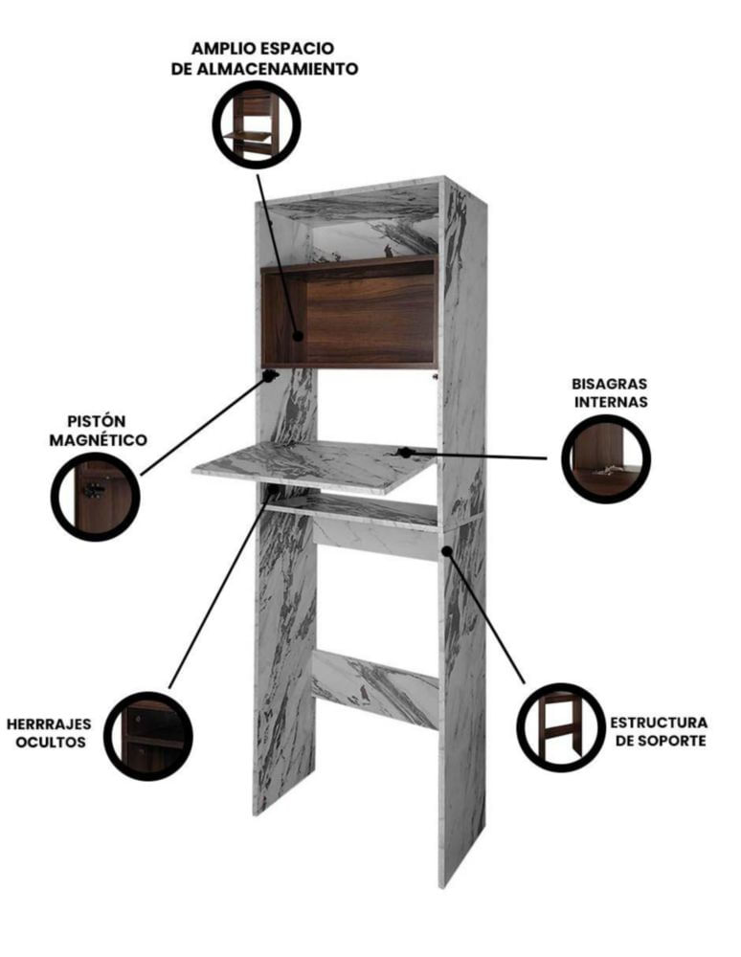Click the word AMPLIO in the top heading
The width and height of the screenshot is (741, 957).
(x=223, y=48)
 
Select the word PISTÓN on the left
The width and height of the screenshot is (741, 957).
(x=97, y=421)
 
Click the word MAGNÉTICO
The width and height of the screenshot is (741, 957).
(x=99, y=440)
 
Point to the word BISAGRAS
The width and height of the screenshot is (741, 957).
(x=609, y=384)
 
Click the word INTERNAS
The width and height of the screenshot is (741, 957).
(x=611, y=402)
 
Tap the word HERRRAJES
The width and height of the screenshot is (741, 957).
(x=49, y=724)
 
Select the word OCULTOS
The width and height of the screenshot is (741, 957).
(x=51, y=743)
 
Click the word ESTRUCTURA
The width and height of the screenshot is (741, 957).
(x=660, y=723)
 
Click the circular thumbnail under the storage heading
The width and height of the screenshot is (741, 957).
(x=257, y=124)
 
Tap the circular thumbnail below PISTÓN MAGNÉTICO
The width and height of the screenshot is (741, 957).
(x=95, y=497)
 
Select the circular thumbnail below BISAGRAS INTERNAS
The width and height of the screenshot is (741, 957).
(x=606, y=459)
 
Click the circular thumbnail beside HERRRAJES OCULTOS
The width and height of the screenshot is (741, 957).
(x=148, y=736)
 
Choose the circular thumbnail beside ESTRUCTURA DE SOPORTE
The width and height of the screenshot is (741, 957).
(x=562, y=727)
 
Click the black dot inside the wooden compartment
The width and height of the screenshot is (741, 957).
(x=298, y=336)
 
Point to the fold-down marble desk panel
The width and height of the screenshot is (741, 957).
(x=314, y=466)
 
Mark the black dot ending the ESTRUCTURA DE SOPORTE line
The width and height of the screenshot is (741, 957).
(x=447, y=550)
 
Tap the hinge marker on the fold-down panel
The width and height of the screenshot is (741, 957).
(x=404, y=453)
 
